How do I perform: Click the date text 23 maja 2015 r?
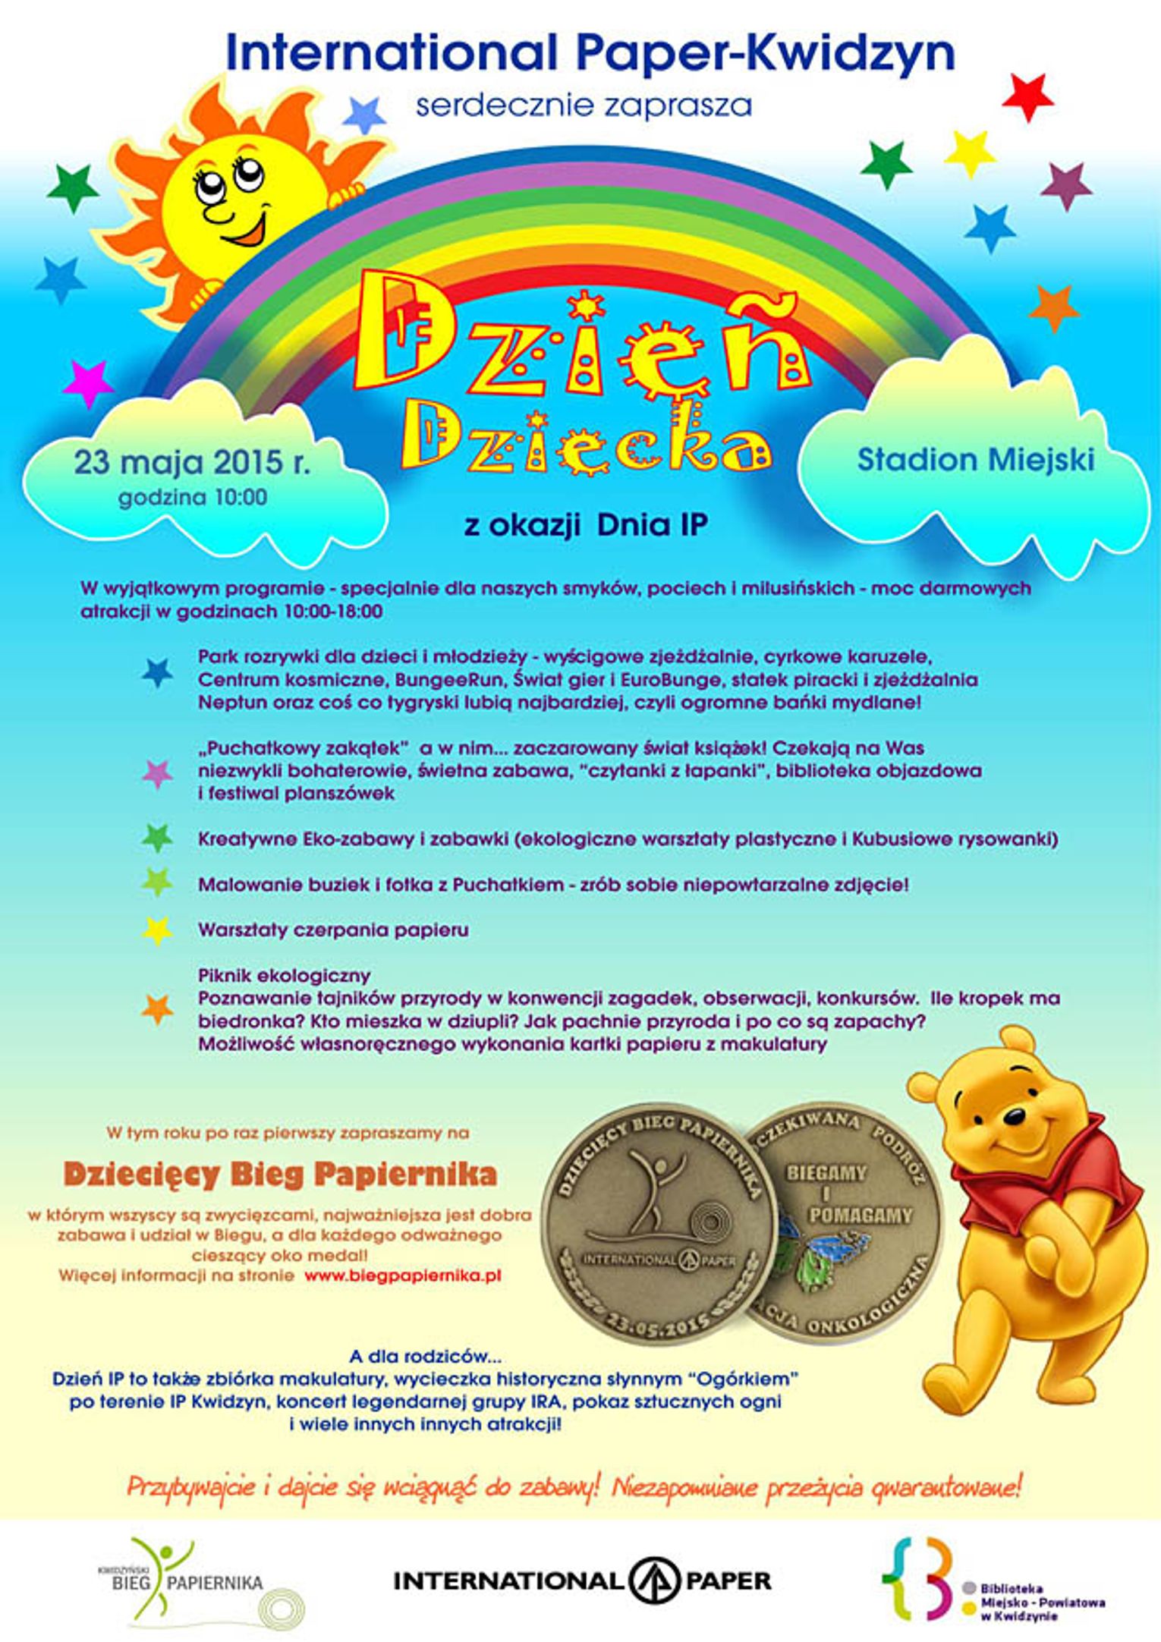click(x=192, y=462)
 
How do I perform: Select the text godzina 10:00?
click(x=192, y=498)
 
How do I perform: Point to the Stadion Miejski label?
click(x=975, y=459)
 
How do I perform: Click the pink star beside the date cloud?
click(x=87, y=384)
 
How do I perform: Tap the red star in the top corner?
click(x=1027, y=97)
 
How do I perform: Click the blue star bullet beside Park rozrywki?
click(x=157, y=673)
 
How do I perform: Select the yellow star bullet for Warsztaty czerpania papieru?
click(x=157, y=930)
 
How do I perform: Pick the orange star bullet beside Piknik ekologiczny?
click(x=157, y=1009)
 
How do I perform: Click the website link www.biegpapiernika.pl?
click(x=403, y=1276)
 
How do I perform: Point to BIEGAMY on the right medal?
click(x=826, y=1173)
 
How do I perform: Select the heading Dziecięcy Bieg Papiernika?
click(x=280, y=1175)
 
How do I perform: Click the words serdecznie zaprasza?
click(x=584, y=105)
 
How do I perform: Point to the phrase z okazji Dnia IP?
click(x=586, y=525)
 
